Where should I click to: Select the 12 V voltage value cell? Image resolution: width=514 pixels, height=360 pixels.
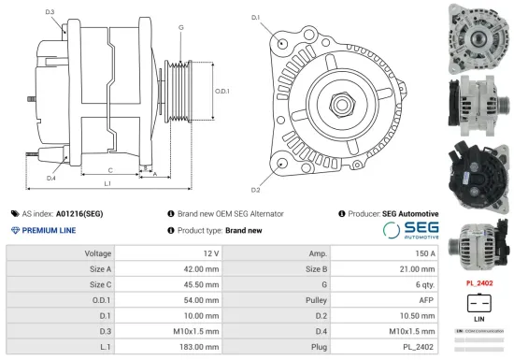tap(209, 253)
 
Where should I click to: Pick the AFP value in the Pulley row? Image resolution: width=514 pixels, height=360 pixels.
tap(426, 300)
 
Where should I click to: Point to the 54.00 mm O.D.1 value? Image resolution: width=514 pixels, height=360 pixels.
tap(200, 300)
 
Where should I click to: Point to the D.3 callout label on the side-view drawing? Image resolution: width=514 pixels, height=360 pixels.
tap(49, 12)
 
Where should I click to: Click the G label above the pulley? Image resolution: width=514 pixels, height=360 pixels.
tap(180, 27)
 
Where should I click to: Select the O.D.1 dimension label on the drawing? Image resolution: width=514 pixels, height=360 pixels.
tap(221, 91)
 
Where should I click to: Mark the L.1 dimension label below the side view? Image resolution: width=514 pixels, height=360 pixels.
tap(107, 183)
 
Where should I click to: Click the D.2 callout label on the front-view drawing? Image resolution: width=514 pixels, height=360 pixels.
tap(256, 163)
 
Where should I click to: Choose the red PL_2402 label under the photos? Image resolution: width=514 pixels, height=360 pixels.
tap(478, 281)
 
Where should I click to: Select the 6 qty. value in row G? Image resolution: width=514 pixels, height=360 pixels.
tap(425, 284)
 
